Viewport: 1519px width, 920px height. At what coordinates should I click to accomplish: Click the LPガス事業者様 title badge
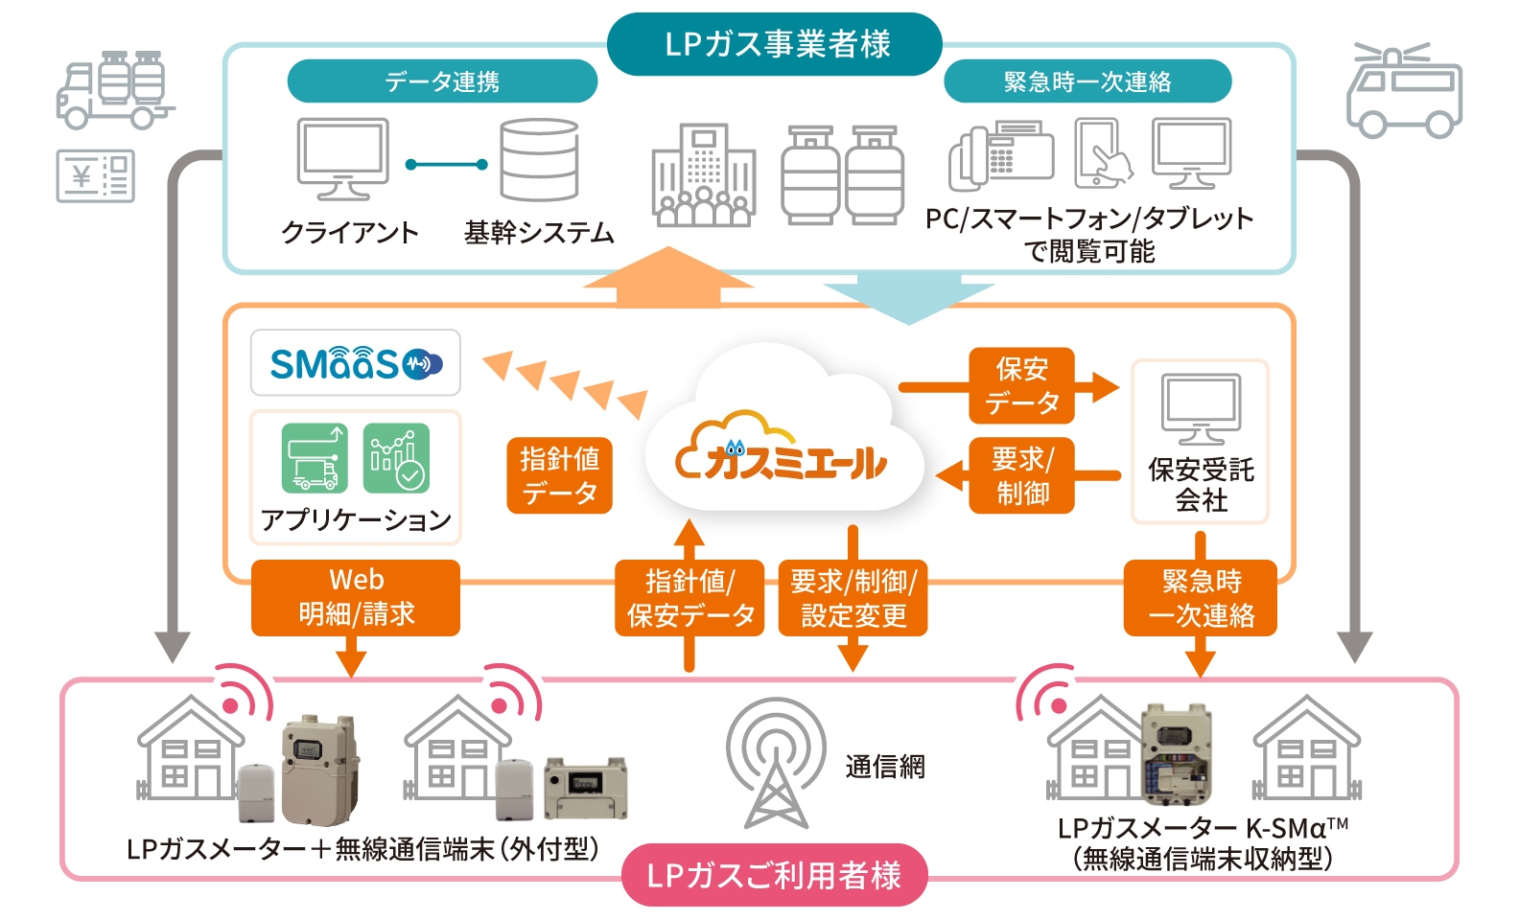(x=775, y=44)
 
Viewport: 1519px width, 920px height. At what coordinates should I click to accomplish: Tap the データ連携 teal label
(x=442, y=81)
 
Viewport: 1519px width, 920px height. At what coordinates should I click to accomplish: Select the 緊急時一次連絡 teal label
(x=1087, y=81)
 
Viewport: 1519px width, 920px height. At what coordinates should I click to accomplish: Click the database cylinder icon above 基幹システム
(x=539, y=159)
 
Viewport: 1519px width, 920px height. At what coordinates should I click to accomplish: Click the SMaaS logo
(x=356, y=363)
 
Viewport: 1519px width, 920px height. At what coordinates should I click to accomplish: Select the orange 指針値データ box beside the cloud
(x=560, y=476)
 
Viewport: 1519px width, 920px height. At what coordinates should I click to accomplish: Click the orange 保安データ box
(x=1022, y=385)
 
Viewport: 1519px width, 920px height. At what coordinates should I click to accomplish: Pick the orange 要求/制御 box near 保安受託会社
(x=1022, y=476)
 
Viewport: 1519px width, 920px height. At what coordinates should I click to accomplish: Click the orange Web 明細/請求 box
(x=356, y=598)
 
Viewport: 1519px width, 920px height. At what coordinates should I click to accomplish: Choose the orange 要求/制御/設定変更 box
(x=853, y=598)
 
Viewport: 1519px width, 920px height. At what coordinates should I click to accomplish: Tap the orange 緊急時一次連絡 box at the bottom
(x=1201, y=598)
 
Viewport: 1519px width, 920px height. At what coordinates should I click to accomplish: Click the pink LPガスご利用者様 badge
(x=775, y=875)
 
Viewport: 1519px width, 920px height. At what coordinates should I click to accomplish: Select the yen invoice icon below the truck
(x=96, y=176)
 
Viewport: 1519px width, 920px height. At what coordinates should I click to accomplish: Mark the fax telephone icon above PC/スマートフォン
(x=1001, y=155)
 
